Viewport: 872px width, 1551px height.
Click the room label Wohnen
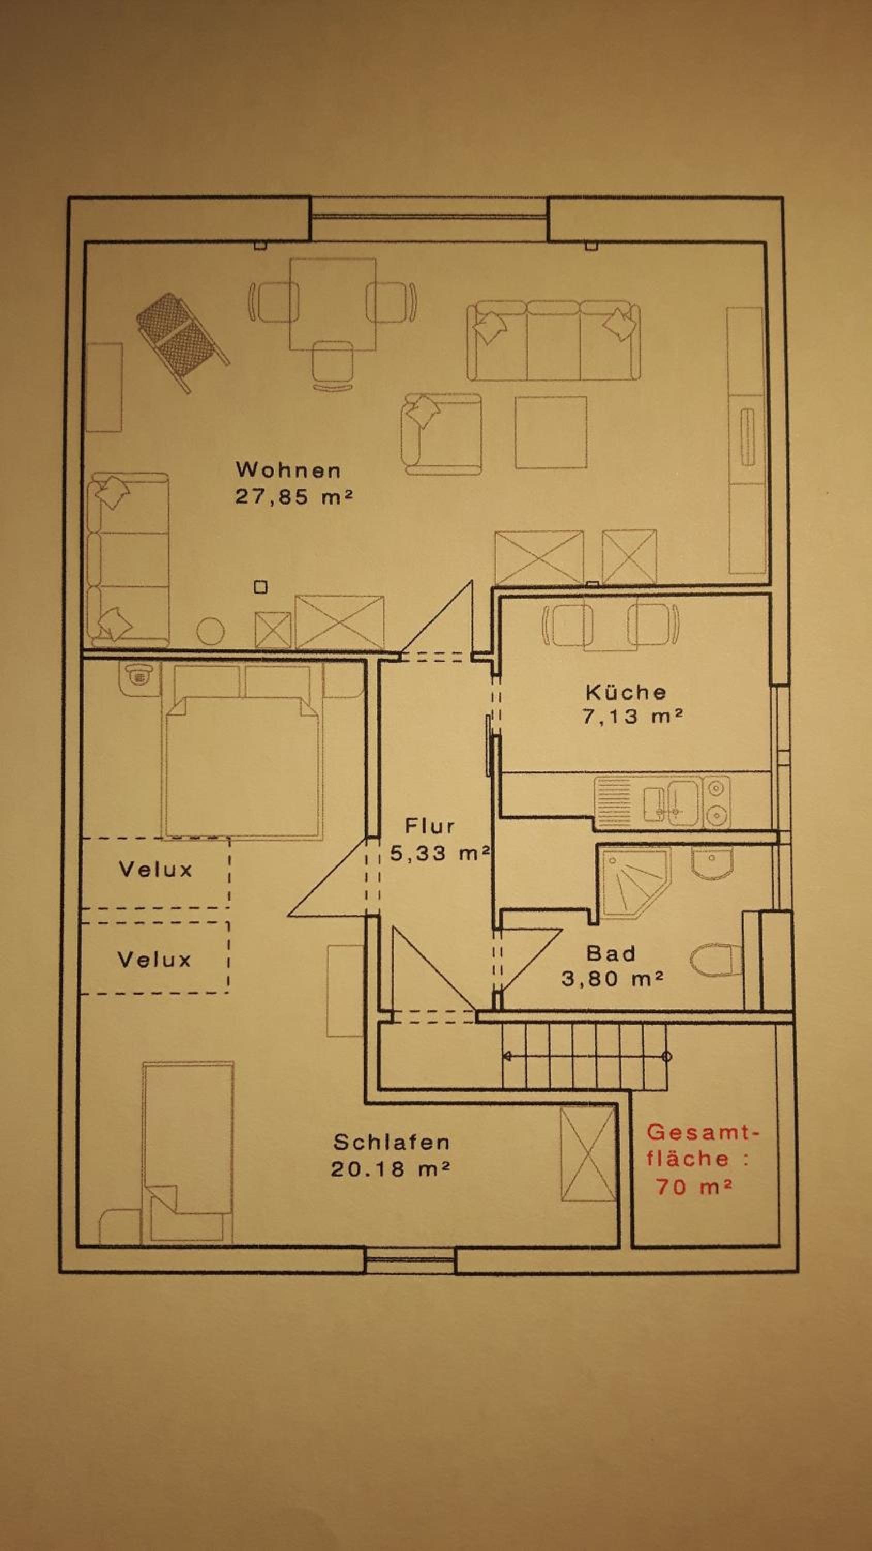[288, 469]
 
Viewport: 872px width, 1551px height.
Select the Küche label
[626, 692]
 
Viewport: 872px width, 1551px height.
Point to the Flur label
[429, 826]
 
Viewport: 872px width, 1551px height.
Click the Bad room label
[611, 953]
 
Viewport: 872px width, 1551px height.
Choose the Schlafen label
[392, 1142]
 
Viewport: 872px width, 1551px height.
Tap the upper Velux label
[155, 870]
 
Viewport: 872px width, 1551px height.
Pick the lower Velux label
[154, 959]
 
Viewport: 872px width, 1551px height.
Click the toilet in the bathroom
[716, 960]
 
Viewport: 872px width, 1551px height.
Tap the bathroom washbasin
[712, 863]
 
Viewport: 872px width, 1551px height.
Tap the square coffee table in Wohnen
[551, 432]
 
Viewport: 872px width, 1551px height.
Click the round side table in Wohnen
[211, 632]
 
